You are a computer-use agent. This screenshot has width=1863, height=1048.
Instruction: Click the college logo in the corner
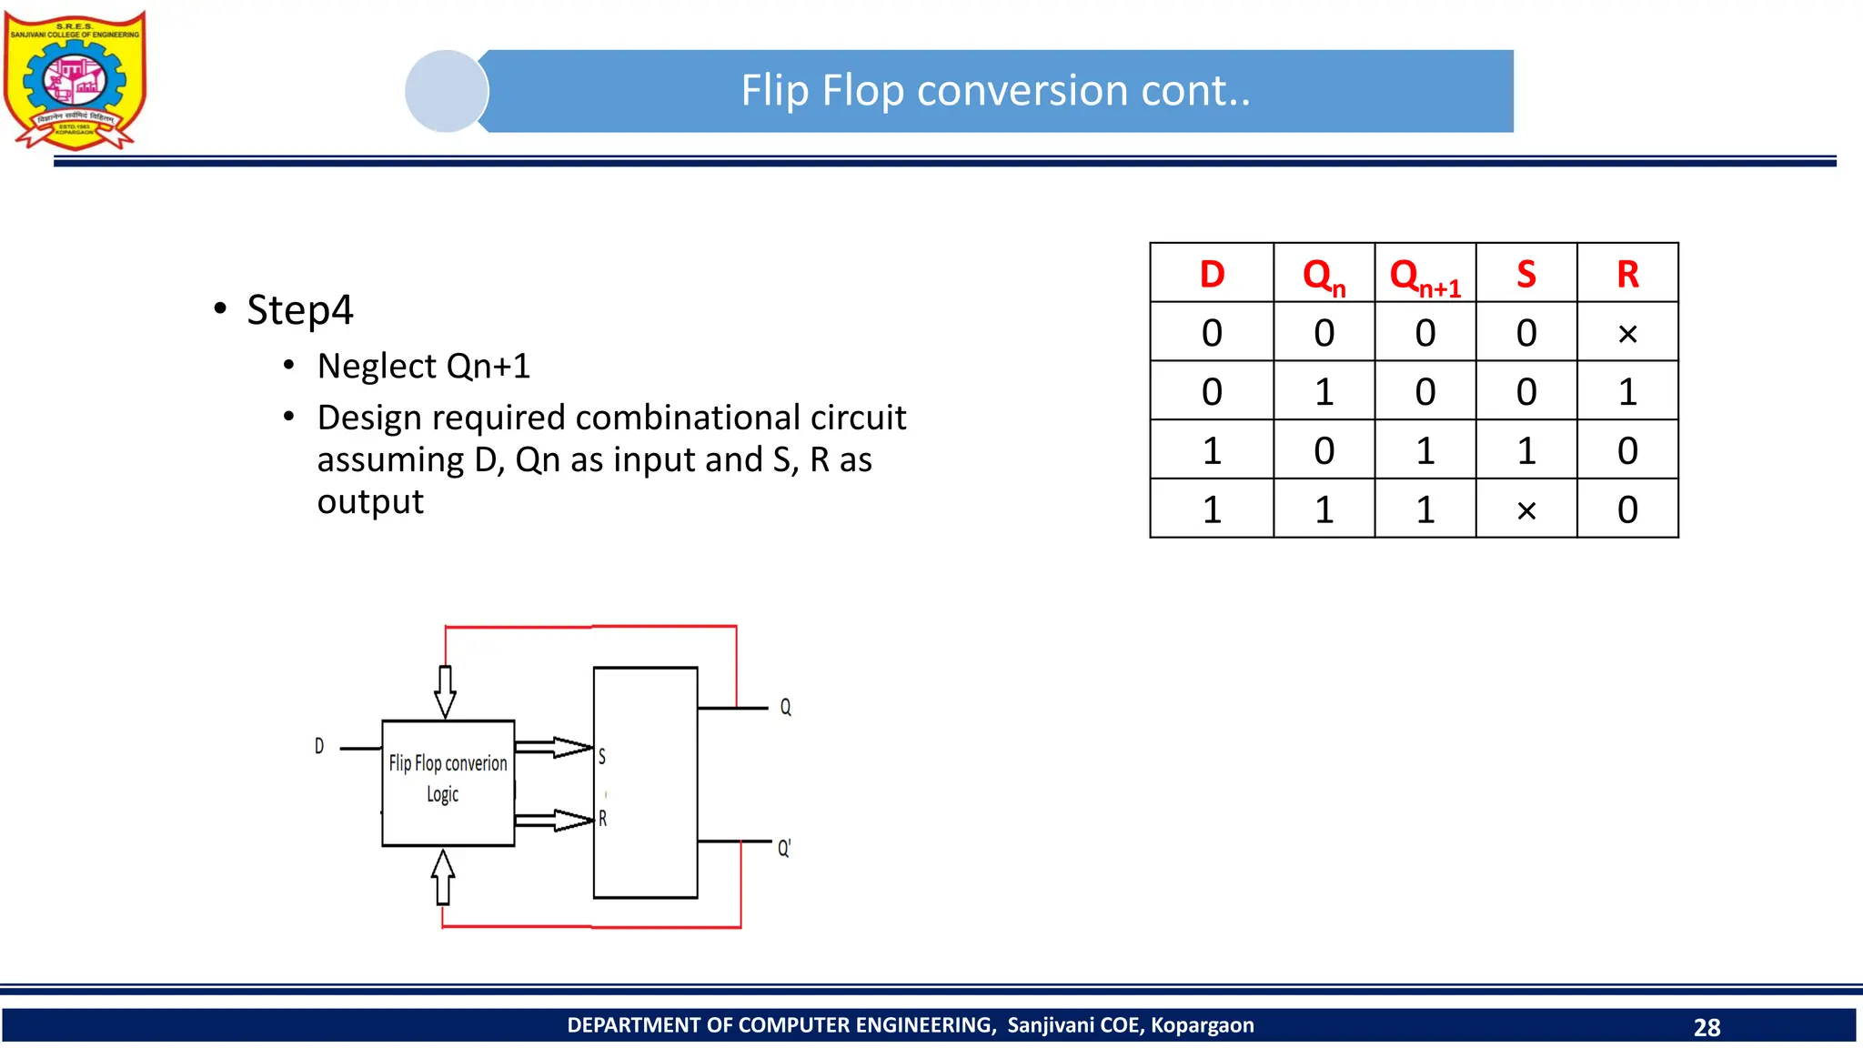click(76, 80)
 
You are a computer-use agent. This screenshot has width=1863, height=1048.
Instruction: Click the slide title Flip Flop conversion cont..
click(995, 91)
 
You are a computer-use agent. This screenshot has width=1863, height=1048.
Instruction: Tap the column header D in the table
click(1212, 274)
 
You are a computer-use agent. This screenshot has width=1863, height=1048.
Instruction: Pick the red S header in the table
click(1526, 274)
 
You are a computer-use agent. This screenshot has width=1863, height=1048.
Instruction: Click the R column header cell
click(1627, 274)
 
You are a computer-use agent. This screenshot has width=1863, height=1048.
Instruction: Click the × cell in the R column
click(1627, 334)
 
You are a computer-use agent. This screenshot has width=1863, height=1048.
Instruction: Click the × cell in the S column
click(1526, 510)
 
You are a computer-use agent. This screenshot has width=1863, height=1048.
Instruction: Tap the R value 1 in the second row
click(1627, 392)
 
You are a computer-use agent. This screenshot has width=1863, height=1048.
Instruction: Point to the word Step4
click(299, 310)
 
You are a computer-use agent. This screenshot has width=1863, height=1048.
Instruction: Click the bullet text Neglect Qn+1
click(423, 366)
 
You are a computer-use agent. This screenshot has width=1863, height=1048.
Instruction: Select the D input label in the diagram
click(319, 746)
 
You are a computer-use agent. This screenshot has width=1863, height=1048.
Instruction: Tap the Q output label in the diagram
click(785, 707)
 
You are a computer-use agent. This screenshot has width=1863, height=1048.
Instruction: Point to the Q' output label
click(783, 848)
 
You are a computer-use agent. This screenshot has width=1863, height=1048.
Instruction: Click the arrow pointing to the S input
click(555, 748)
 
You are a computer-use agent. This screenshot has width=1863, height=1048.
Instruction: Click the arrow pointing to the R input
click(555, 820)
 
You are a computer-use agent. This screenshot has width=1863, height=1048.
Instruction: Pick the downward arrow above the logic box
click(445, 691)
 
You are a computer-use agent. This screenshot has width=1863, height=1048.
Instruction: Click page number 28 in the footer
click(1707, 1027)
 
